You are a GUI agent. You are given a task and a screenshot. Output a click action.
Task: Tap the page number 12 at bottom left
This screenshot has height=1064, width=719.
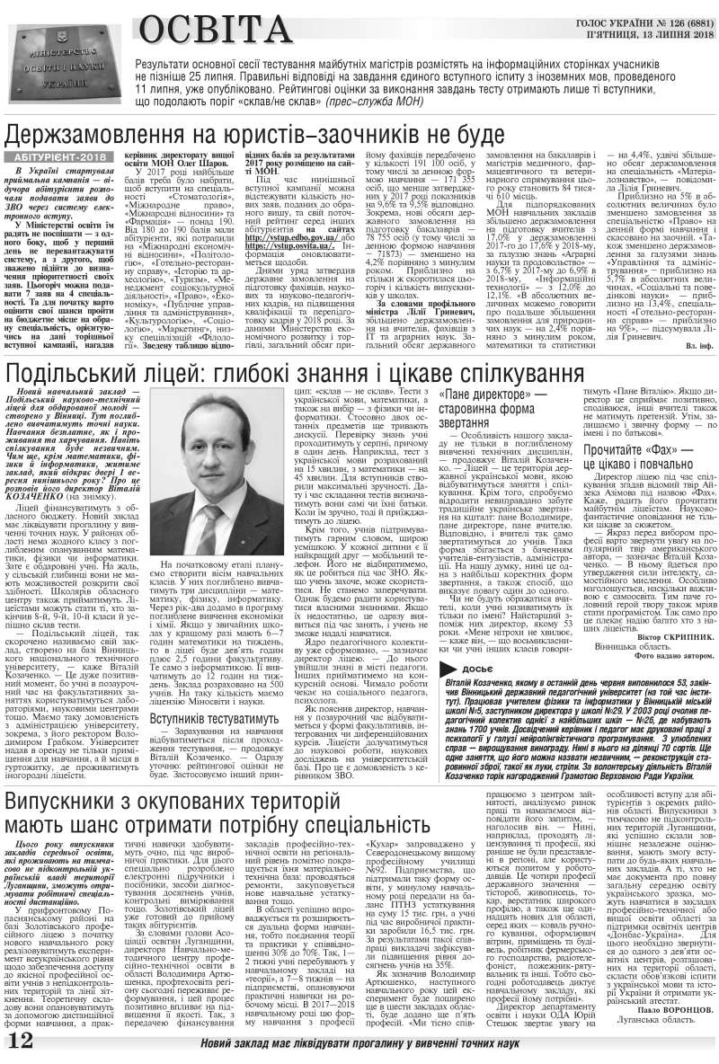pos(19,1044)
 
